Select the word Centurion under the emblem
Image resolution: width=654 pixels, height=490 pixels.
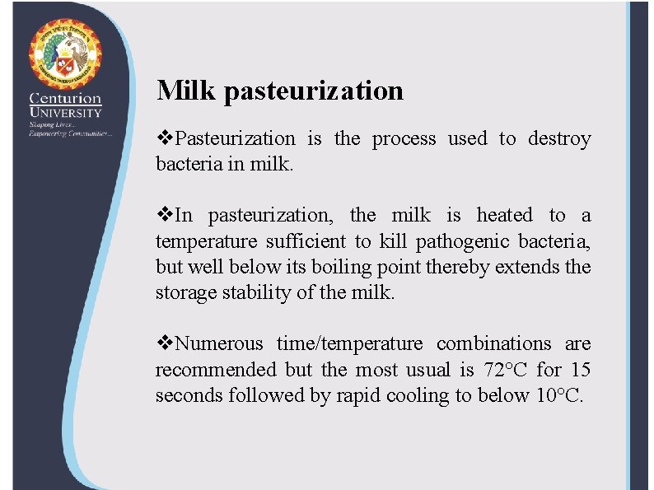[x=65, y=97]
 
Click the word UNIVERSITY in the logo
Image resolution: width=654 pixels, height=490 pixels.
[x=65, y=113]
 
